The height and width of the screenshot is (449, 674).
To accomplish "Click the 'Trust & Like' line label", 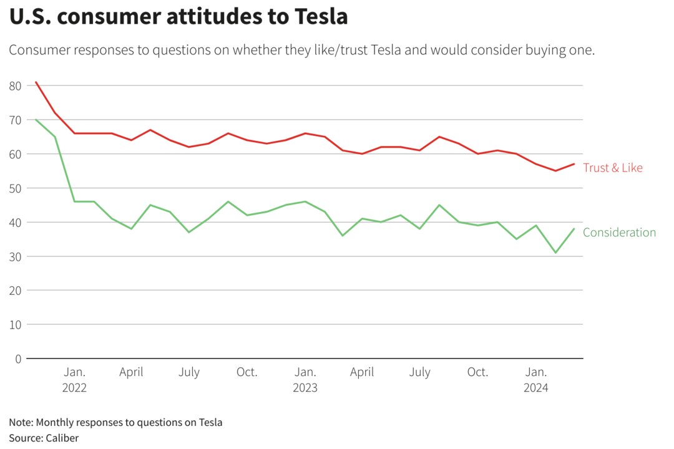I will coord(612,168).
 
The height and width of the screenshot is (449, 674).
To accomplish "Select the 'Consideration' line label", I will coord(619,233).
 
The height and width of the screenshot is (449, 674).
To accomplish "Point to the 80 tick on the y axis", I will coord(16,85).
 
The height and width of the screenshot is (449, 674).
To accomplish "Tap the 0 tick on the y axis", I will coord(18,359).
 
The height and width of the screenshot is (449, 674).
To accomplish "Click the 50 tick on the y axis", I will coord(16,188).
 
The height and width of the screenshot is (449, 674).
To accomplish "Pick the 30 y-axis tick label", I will coord(16,256).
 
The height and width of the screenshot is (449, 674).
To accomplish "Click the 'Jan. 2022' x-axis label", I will coord(74,379).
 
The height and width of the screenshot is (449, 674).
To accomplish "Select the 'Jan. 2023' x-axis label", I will coord(305,379).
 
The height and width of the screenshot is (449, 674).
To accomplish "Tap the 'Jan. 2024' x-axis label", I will coord(536,379).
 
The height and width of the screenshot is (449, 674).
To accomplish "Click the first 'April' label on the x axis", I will coord(131,372).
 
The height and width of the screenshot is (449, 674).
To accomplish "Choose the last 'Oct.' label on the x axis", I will coord(478,372).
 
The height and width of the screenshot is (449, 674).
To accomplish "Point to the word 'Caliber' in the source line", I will coord(62,438).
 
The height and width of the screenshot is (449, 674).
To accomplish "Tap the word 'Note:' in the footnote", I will coord(22,422).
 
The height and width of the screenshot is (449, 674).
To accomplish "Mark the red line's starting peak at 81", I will coord(36,82).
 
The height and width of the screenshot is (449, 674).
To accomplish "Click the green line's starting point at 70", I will coord(36,120).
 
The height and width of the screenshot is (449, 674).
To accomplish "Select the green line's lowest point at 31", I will coord(555,253).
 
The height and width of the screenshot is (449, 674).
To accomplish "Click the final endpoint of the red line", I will coord(574,164).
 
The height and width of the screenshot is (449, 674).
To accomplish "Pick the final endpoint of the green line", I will coord(574,229).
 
